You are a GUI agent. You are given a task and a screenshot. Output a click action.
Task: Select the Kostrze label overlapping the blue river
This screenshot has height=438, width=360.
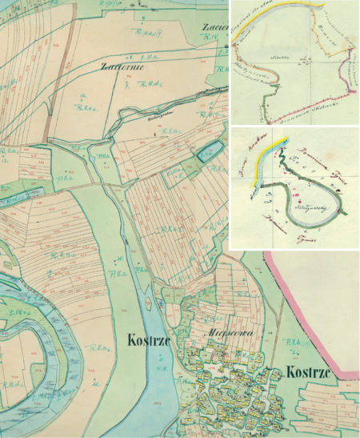[151, 340]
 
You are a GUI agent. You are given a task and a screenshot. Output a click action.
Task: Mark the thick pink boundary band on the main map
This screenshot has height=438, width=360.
[320, 320]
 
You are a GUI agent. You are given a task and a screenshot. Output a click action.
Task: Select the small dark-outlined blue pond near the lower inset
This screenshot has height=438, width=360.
[210, 151]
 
